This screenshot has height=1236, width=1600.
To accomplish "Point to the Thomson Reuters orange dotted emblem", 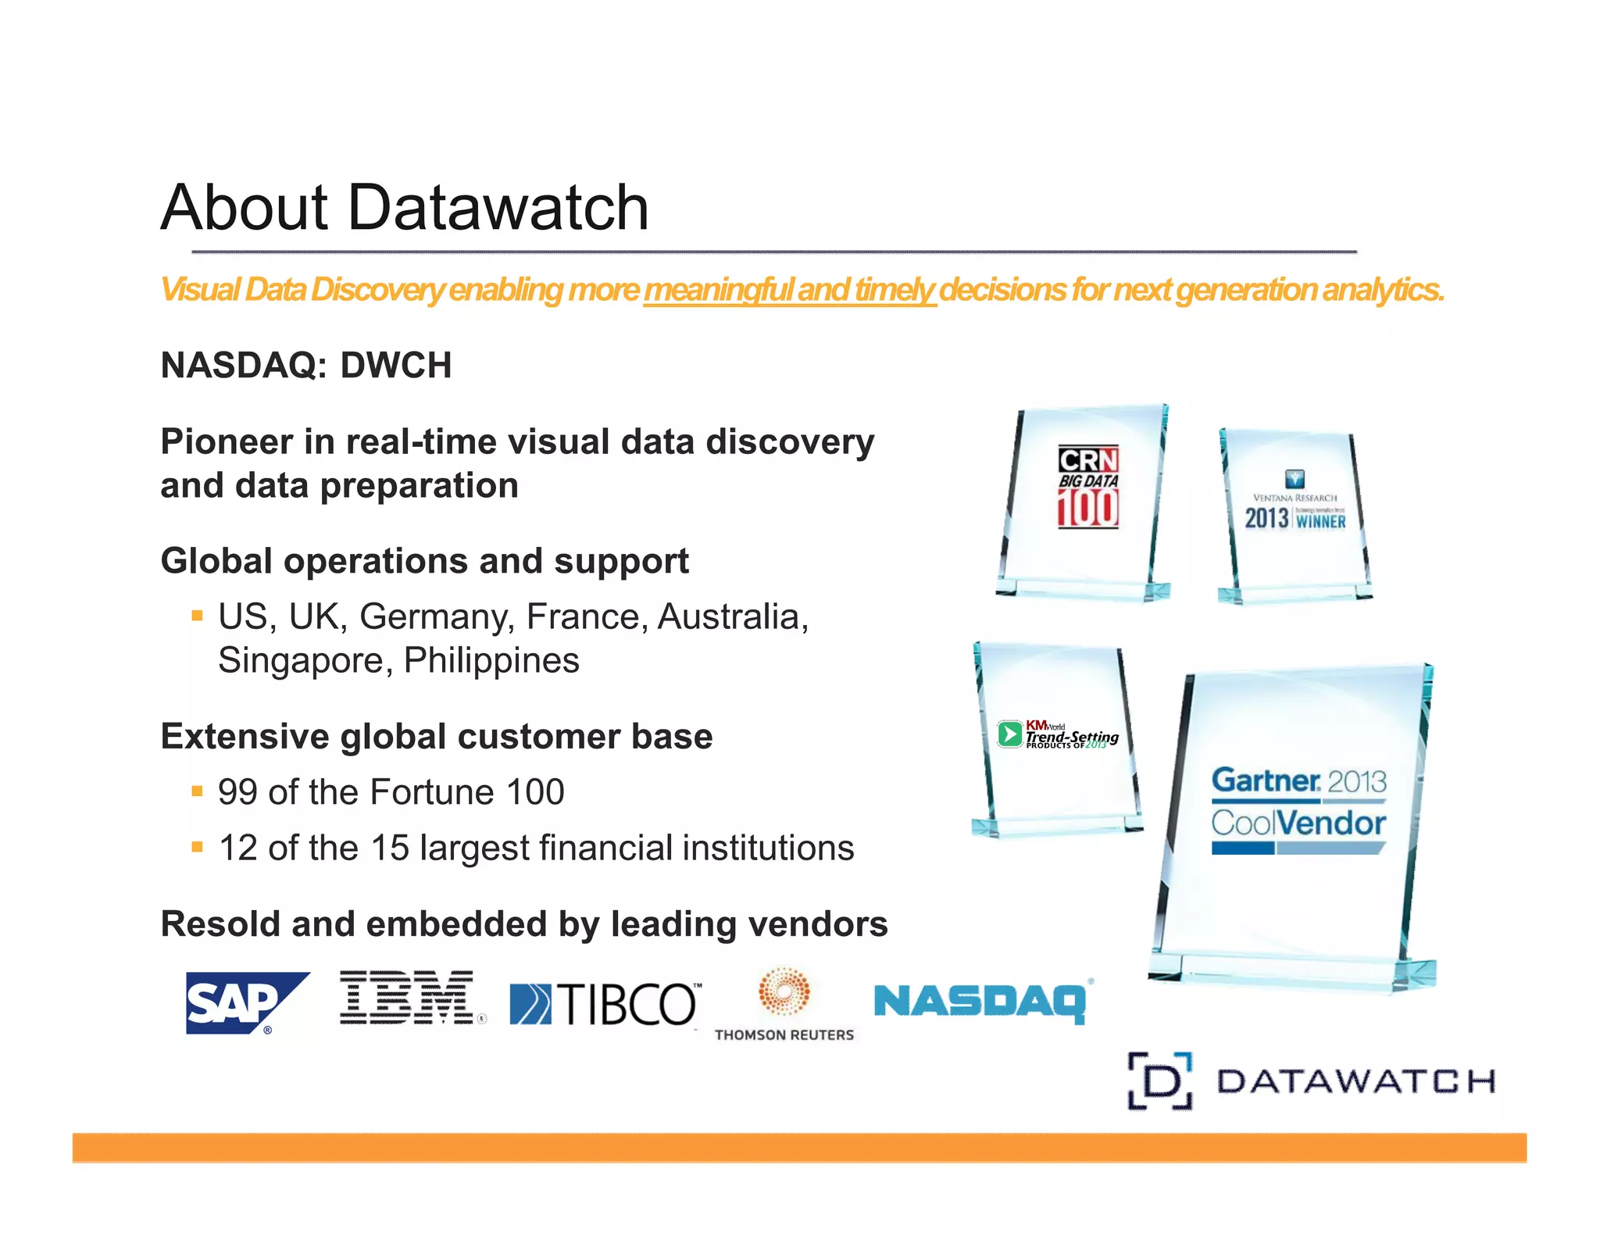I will coord(784,991).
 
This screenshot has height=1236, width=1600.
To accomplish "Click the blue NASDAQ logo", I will coord(981,1002).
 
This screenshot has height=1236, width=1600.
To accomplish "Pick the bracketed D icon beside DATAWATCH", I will coord(1160,1081).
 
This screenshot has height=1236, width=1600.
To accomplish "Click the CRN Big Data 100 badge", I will coord(1088,488).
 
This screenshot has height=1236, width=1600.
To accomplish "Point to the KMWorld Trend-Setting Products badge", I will coord(1058,734).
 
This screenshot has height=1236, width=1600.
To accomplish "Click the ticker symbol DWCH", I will coord(396,366).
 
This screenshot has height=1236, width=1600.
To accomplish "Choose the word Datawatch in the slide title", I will coord(498,208).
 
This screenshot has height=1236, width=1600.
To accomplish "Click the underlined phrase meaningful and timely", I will coord(789,290).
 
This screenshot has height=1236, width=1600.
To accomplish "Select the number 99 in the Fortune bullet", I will coord(237,792).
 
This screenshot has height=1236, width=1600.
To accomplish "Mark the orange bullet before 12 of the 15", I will coord(197,846).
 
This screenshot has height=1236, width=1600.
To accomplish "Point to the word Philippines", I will coord(491,661).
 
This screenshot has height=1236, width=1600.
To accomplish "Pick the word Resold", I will coord(220,924).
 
